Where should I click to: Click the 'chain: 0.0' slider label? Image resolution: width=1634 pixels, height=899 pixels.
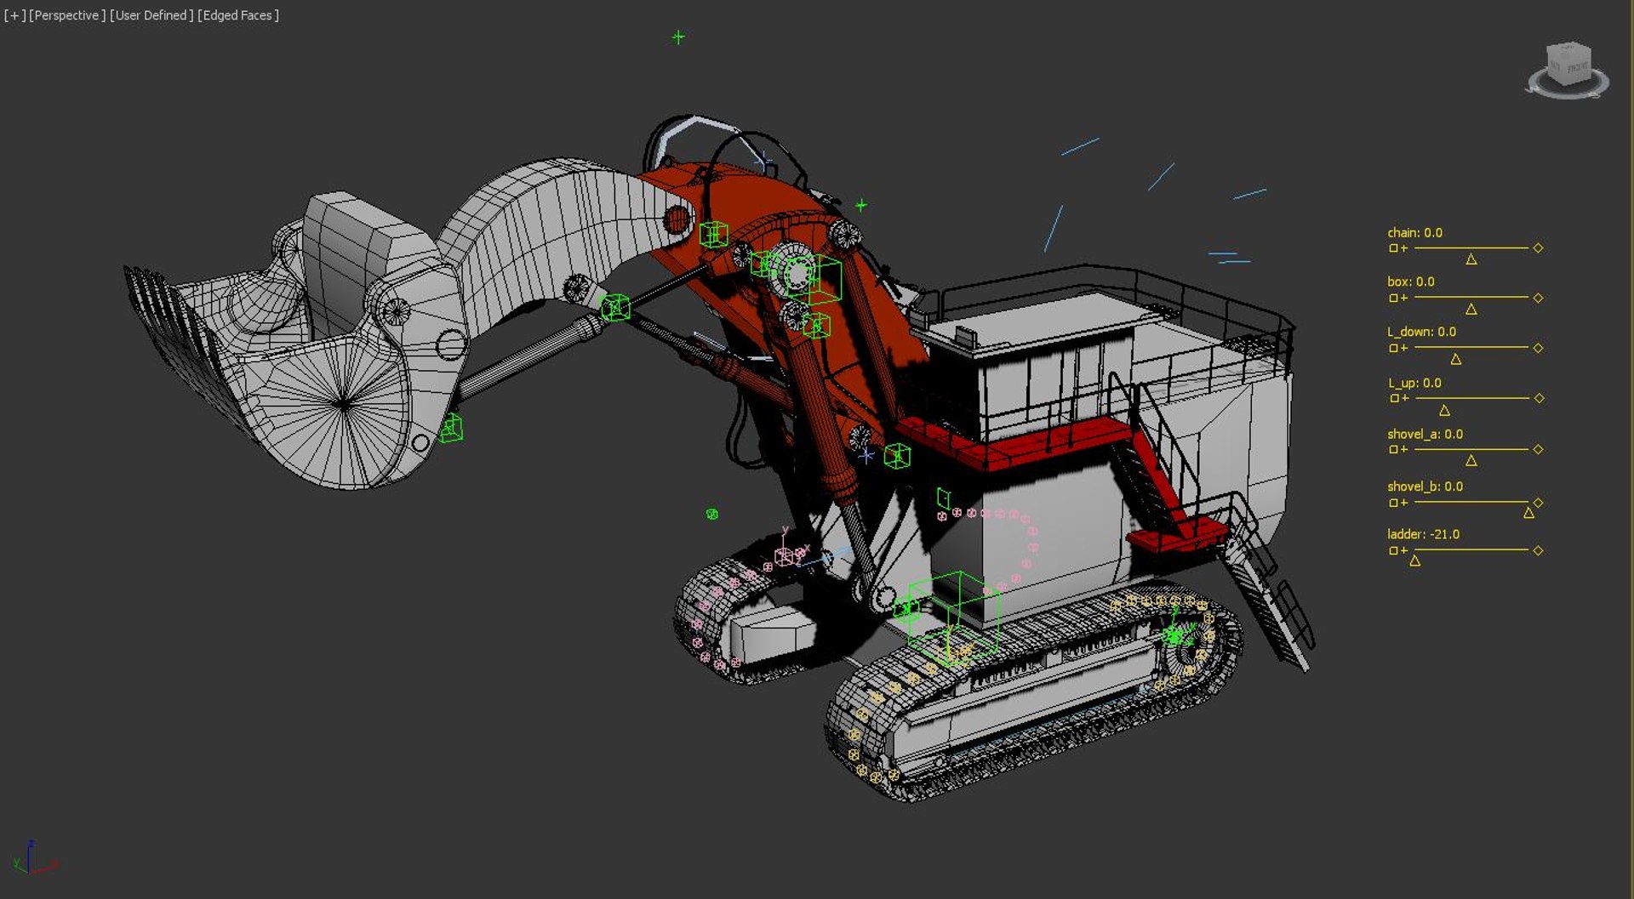(1414, 232)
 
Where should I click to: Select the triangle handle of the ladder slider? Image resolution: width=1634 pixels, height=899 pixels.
(1414, 560)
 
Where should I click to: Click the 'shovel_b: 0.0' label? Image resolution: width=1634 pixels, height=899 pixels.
(1425, 486)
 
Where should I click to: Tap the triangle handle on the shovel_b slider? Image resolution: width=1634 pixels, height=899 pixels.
(1528, 513)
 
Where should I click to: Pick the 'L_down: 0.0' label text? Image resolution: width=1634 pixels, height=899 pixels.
(1421, 332)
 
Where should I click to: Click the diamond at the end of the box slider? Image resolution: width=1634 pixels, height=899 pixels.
(1538, 298)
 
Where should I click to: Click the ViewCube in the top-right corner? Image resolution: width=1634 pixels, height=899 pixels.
(1568, 68)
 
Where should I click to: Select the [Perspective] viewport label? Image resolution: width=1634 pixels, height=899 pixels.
(67, 15)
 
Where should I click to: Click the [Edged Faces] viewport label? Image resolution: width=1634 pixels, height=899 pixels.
(237, 15)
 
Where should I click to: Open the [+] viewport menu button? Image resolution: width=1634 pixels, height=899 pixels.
(14, 15)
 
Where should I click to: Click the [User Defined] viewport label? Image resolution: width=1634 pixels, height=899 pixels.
(151, 15)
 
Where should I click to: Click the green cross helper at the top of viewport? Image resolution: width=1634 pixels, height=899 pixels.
(678, 37)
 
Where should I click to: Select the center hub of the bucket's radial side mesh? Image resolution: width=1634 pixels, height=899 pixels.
(343, 403)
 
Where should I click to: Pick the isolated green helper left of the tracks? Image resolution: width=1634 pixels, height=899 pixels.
(712, 514)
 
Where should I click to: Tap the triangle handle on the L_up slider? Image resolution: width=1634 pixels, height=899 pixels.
(1444, 410)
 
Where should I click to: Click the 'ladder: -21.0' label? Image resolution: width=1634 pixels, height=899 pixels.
(1423, 534)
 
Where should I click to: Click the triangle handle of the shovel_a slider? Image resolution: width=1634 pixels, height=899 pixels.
(1471, 461)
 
